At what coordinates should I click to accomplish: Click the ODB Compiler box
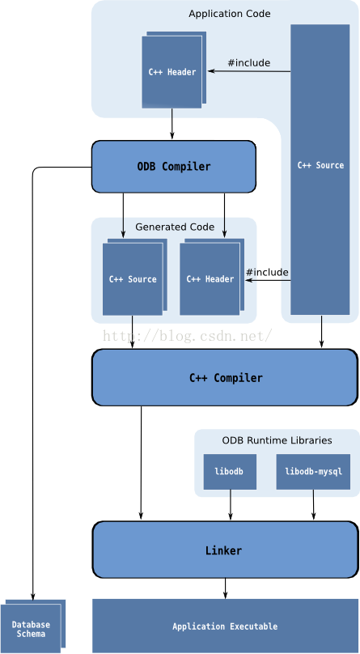coord(173,167)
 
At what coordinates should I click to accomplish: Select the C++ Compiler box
coord(225,377)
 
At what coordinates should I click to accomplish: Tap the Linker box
coord(225,550)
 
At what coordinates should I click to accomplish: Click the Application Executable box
coord(225,626)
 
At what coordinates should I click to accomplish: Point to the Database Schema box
coord(31,628)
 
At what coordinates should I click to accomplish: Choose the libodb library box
coord(230,472)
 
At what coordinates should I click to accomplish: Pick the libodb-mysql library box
coord(313,472)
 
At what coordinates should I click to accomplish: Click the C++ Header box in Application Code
coord(172,72)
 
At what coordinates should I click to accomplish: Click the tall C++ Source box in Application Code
coord(320,169)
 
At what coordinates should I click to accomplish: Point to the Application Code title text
coord(230,14)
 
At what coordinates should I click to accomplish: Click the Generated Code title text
coord(175,227)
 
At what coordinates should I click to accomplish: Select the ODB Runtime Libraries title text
coord(277,440)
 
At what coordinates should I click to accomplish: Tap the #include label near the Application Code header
coord(248,62)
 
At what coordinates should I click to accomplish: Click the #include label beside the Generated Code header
coord(267,272)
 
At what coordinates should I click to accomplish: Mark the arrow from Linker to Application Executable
coord(225,588)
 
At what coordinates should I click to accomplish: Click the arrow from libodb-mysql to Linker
coord(313,505)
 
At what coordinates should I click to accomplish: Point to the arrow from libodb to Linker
coord(231,505)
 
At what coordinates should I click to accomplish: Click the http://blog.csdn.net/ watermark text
coord(188,335)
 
